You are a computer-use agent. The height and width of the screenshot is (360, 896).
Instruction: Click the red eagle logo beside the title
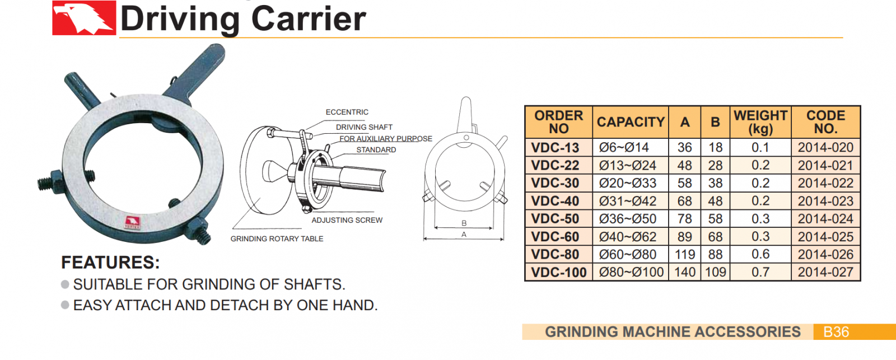coord(84,18)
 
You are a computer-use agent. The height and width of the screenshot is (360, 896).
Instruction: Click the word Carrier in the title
coord(309,19)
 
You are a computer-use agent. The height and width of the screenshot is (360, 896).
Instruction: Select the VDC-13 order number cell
coord(555,148)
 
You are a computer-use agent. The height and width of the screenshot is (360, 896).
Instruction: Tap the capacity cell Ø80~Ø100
coord(631,273)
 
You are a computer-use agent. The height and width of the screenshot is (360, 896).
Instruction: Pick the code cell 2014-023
coord(825,201)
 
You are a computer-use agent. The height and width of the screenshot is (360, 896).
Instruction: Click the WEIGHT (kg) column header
coord(760,122)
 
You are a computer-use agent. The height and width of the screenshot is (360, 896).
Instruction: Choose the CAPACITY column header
coord(631,122)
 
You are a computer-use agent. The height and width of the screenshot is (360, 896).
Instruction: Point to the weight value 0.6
coord(760,254)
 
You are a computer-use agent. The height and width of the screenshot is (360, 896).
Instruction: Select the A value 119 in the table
coord(684,255)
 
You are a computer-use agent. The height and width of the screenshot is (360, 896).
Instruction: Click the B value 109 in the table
coord(715,273)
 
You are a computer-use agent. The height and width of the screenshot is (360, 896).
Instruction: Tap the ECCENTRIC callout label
coord(347,112)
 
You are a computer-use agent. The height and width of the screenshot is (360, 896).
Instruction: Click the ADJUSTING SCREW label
coord(347,220)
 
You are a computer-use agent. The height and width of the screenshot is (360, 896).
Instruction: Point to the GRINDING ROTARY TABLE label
coord(277,239)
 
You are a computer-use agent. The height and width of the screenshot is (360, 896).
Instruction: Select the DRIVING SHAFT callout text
coord(364,127)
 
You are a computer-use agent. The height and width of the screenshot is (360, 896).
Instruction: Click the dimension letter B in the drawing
coord(464,223)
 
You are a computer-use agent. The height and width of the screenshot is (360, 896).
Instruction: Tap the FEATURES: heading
coord(110,263)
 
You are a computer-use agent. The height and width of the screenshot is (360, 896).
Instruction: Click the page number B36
coord(836,332)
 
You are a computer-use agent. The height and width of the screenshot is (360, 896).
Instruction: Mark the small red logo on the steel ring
coord(132,222)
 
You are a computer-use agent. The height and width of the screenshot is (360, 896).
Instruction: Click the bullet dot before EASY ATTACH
coord(65,305)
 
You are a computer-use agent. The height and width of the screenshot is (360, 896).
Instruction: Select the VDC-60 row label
coord(555,237)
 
